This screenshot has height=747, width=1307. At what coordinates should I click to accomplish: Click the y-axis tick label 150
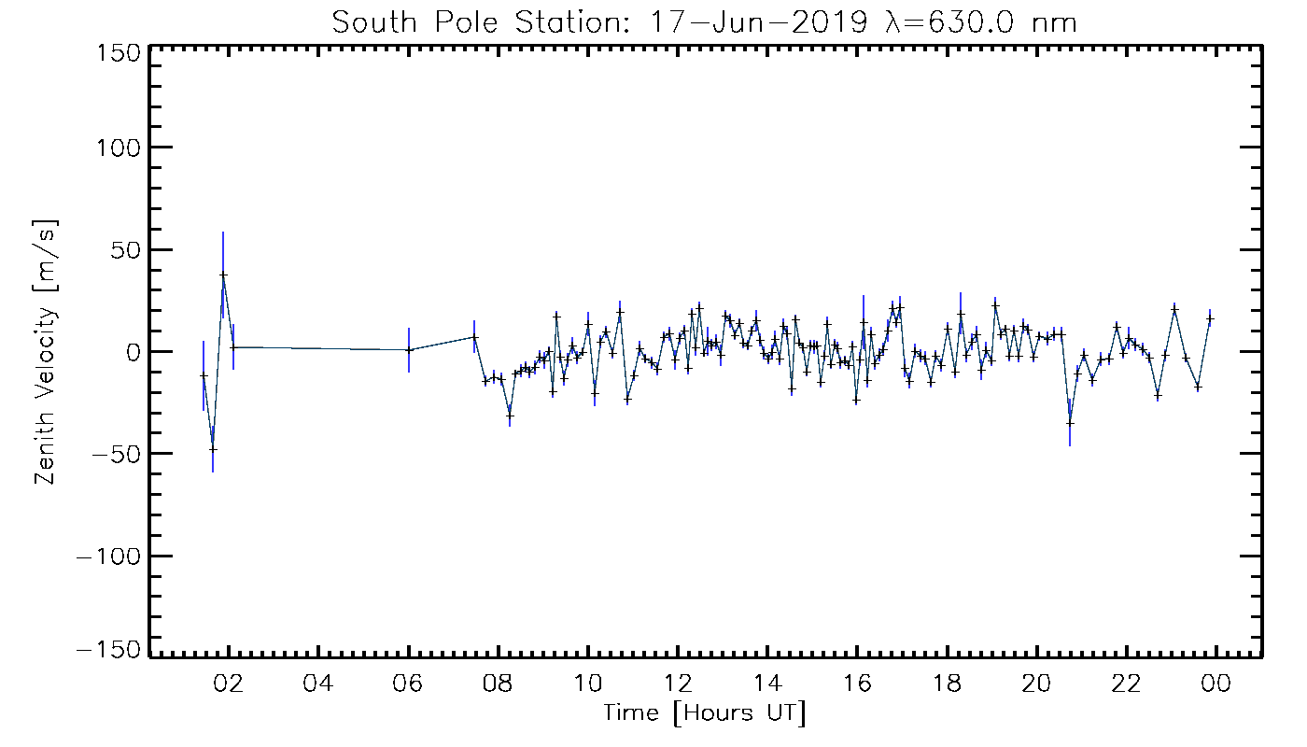coord(118,51)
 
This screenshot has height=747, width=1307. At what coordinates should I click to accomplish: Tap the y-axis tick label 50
coord(126,250)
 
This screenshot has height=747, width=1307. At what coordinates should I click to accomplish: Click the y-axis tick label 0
coord(134,352)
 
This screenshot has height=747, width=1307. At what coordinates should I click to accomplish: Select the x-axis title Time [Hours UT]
coord(705,714)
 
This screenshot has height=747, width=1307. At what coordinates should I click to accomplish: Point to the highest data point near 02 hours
coord(223,275)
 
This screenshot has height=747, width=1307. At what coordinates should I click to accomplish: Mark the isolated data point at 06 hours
coord(409,349)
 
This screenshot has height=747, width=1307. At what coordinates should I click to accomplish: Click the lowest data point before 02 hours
coord(213,449)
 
